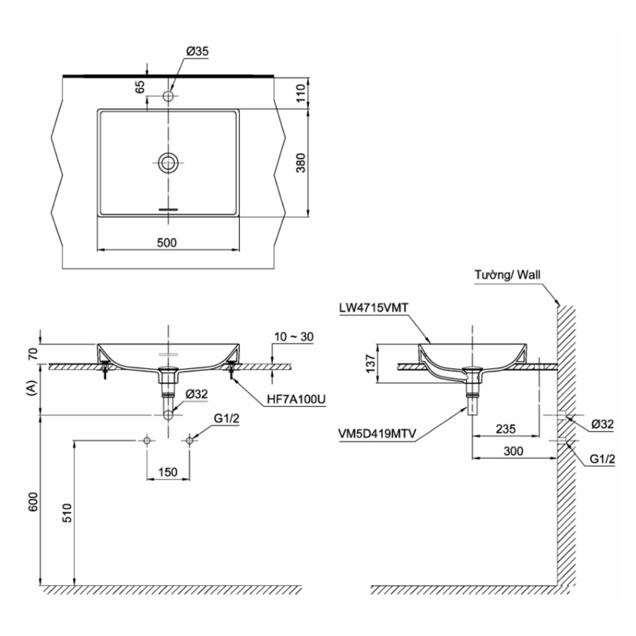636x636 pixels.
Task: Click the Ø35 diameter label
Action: coord(197,52)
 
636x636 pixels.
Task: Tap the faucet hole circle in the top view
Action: coord(169,96)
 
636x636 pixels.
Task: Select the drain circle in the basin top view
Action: coord(168,163)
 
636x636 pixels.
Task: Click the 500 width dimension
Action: coord(167,242)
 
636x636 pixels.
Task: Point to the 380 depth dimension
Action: coord(301,163)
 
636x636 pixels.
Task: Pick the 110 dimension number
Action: coord(301,93)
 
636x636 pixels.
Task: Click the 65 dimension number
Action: coord(139,86)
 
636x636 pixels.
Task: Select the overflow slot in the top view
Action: coord(168,209)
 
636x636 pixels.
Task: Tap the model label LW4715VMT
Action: coord(373,308)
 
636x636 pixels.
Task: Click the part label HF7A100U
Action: coord(296,399)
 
